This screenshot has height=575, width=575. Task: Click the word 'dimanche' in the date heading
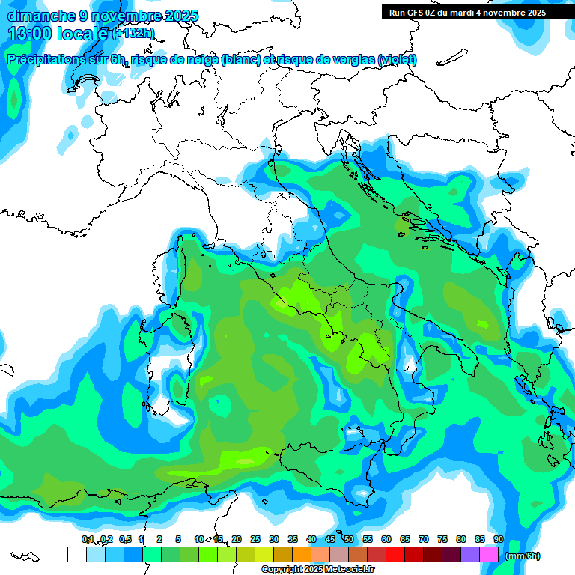pos(35,16)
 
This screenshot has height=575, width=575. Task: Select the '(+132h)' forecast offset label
pos(133,34)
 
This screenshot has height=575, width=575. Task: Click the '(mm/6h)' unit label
pos(522,556)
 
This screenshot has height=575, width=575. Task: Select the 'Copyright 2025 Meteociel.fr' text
pos(317,570)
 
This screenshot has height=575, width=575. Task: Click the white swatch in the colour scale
pos(77,554)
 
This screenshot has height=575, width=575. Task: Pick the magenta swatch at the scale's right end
pos(489,554)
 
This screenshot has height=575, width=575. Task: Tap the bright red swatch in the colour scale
pos(395,554)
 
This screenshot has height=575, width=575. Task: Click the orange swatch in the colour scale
pos(302,554)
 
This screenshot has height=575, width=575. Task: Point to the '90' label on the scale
pos(498,539)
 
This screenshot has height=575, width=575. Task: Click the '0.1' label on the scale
pos(88,539)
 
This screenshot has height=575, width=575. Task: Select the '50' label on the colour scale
pos(349,539)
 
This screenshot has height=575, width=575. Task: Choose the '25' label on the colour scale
pos(255,539)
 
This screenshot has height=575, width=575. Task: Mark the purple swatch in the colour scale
pos(470,554)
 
